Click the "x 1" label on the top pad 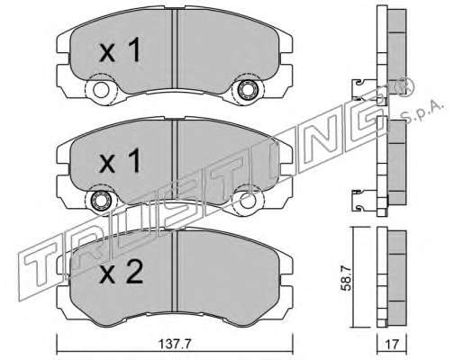coord(120,50)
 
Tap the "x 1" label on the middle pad coord(120,160)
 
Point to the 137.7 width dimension coord(175,344)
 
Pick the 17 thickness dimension coord(392,344)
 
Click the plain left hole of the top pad coord(101,89)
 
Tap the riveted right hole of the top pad coord(248,89)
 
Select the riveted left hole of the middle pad coord(101,200)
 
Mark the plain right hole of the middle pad coord(248,200)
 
